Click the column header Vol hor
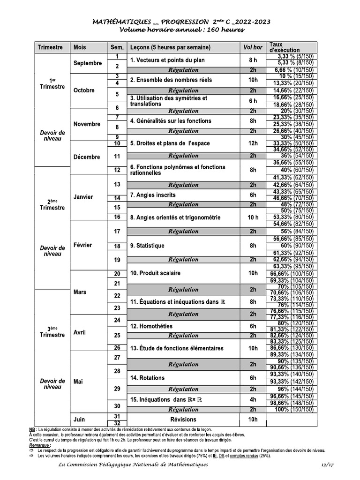click(x=253, y=47)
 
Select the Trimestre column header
click(x=50, y=47)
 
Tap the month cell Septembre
click(x=88, y=63)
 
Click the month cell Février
click(x=83, y=245)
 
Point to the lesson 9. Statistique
click(x=147, y=245)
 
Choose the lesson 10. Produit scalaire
click(x=155, y=273)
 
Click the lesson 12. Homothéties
click(x=151, y=326)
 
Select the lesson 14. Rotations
click(x=147, y=378)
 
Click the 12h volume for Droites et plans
click(x=253, y=143)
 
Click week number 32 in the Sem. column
click(x=117, y=423)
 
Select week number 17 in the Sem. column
click(x=117, y=231)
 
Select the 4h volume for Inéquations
click(x=253, y=399)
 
